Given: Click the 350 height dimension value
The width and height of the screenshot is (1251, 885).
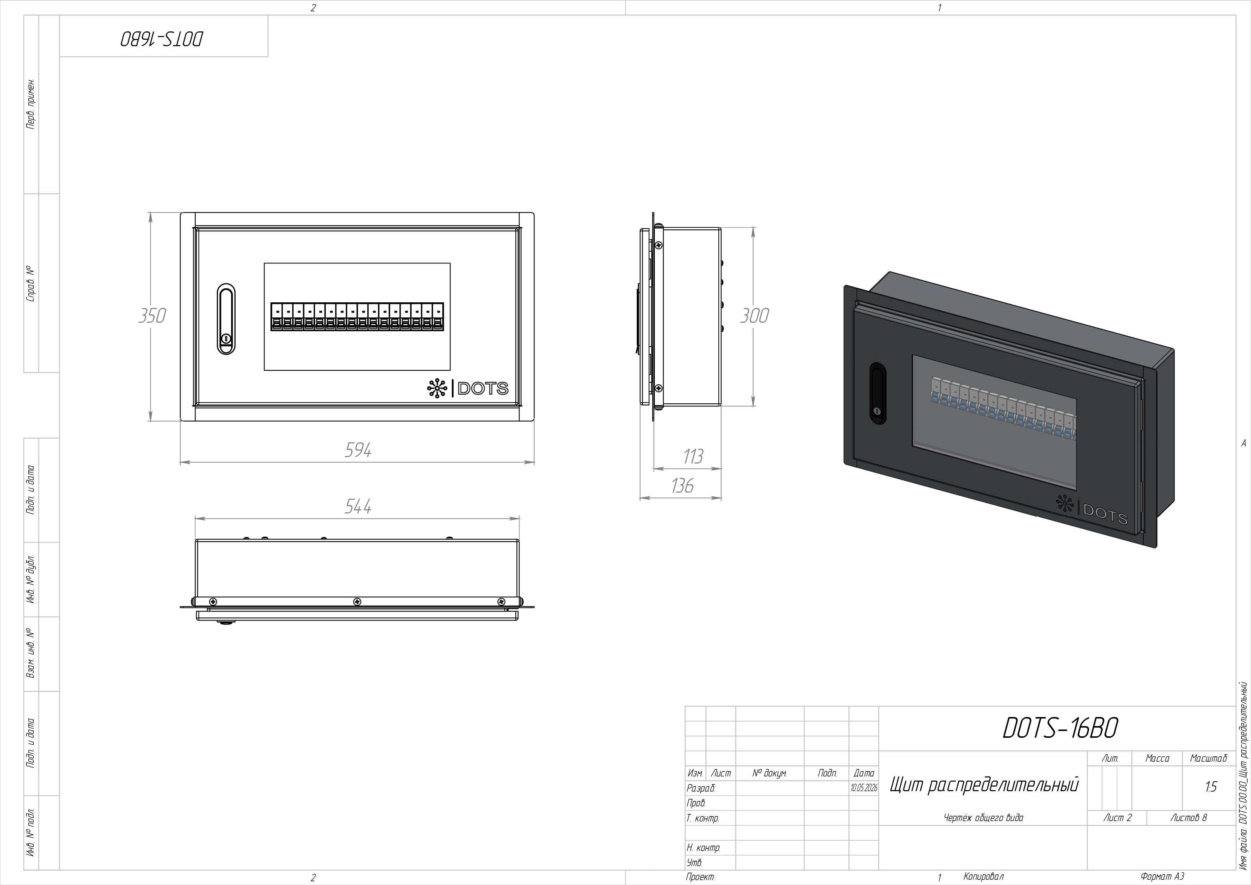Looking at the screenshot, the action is [152, 316].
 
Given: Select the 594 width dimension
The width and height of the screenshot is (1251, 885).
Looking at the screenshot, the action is [358, 450].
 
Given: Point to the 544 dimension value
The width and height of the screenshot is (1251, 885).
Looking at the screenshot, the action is [358, 507].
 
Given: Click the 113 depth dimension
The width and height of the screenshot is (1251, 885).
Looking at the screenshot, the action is [693, 457].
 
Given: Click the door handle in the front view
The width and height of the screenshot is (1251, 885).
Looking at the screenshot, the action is [226, 319].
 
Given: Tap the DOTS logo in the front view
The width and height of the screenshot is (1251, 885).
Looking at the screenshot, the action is [468, 388].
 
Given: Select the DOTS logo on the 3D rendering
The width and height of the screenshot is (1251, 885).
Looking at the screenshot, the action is [1091, 510].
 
